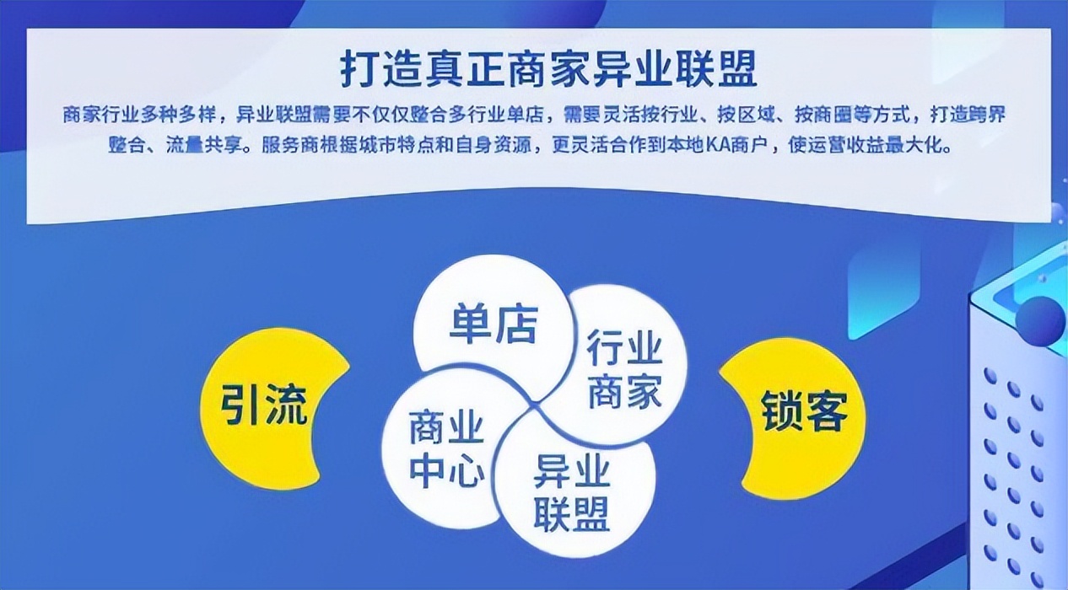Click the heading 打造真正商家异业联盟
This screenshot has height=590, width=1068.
click(549, 70)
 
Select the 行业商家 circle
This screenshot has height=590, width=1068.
click(624, 370)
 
